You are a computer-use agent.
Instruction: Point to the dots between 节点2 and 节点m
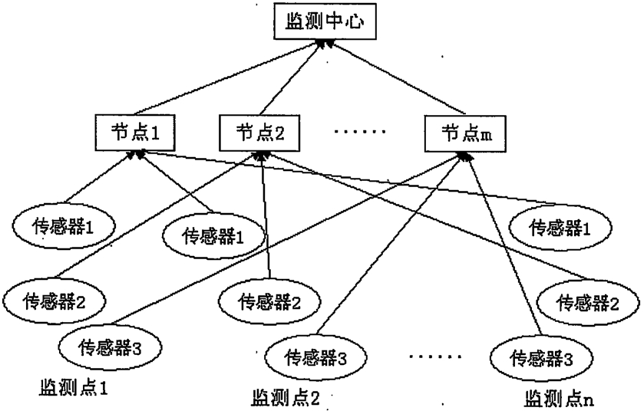(x=360, y=132)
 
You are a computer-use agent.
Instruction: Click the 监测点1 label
(x=74, y=387)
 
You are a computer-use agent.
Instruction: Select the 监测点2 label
(x=286, y=398)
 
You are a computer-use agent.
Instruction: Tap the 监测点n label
(x=559, y=399)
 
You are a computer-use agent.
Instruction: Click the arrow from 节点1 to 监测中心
(x=227, y=77)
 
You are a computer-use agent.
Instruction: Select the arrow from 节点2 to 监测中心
(x=292, y=77)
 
